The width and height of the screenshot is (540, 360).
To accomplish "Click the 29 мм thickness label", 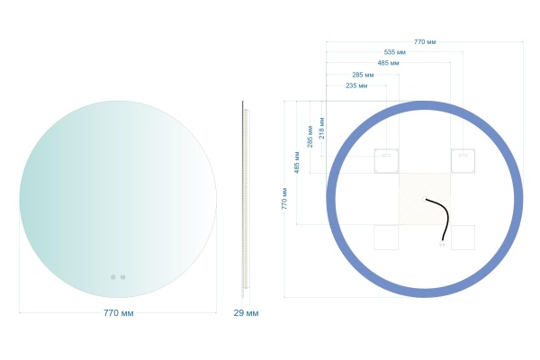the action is tap(246, 313).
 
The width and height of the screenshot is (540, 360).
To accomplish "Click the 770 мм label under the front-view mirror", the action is tap(119, 313).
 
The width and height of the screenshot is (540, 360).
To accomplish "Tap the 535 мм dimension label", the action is tap(395, 52).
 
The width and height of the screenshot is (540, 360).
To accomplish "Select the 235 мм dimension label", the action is tap(356, 85).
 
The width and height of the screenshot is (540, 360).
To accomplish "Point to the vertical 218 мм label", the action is tap(321, 128).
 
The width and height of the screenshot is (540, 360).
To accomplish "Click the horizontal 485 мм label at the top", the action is tap(388, 63).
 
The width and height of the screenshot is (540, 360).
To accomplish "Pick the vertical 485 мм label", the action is tap(296, 162).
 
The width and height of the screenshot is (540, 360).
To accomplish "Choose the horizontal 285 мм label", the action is tap(363, 75).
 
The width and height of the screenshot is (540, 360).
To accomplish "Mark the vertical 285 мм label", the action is tap(310, 137).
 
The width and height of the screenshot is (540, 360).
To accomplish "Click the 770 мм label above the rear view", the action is tap(425, 41).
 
